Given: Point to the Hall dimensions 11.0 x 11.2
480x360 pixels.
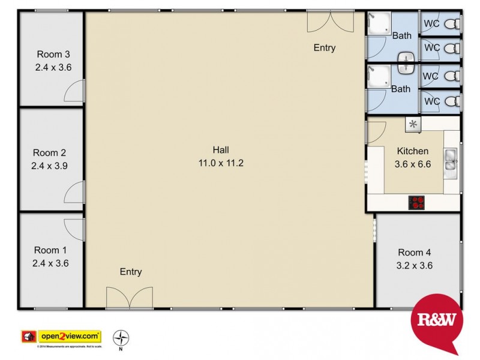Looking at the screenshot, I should coord(221,163).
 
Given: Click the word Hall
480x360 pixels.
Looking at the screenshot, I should coord(221,150).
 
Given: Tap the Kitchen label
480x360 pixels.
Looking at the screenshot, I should coord(412,151).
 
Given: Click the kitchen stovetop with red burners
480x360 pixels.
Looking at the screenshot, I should coord(416,202).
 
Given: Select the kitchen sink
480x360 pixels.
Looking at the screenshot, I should coord(451,159).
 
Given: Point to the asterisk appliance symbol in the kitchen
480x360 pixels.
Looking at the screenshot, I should coord(413,124).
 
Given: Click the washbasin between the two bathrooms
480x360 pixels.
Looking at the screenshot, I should coord(407,61).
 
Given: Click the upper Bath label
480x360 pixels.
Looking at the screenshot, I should coord(401,35).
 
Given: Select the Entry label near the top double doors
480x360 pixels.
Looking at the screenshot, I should coord(325,48).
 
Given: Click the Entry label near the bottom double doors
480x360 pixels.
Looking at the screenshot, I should coord(131,272).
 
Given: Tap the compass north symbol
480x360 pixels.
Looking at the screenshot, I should coord(121,337).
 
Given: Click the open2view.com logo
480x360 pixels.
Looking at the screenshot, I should coord(70,336).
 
